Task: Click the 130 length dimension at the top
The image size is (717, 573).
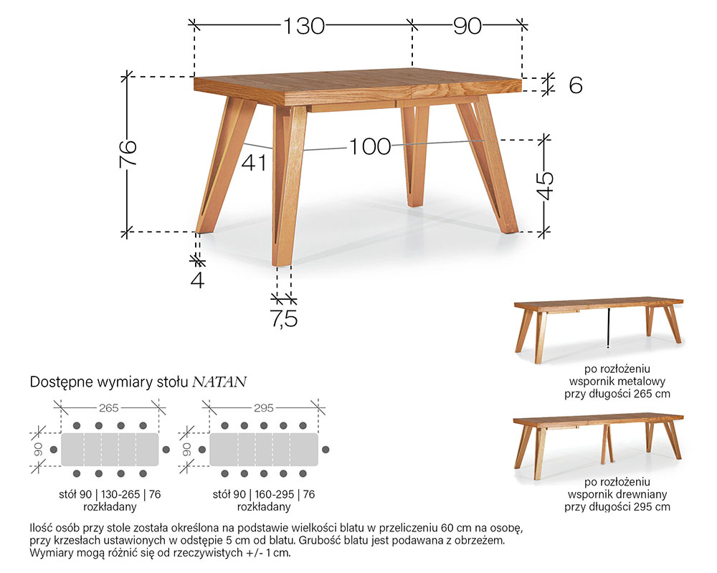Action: tap(304, 26)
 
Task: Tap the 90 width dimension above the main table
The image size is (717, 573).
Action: tap(467, 26)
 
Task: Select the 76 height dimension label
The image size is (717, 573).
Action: tap(128, 153)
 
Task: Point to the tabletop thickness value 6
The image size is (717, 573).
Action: tap(576, 85)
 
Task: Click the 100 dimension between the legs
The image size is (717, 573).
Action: tap(370, 147)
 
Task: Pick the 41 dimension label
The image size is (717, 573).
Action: tap(254, 163)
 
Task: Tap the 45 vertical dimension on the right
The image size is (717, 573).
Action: tap(545, 186)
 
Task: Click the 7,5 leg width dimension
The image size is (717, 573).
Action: tap(285, 318)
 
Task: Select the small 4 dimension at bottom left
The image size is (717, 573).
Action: tap(198, 279)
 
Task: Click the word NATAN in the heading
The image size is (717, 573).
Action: tap(219, 382)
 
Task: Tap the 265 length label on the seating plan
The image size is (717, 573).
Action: tap(109, 407)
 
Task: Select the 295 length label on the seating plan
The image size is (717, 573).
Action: tap(264, 407)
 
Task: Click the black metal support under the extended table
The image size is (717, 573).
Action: tap(609, 328)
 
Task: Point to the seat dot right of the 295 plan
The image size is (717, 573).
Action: tap(326, 450)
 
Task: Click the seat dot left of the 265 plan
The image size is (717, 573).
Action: tap(54, 450)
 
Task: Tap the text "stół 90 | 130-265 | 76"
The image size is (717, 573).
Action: tap(110, 494)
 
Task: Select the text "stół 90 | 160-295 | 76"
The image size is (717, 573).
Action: tap(264, 494)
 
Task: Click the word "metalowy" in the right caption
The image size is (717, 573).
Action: tap(642, 382)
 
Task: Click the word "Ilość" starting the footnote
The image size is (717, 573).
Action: tap(41, 529)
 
